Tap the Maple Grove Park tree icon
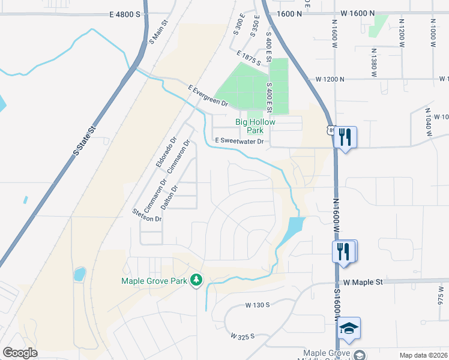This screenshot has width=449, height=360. [196, 280]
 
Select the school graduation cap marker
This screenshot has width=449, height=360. [349, 328]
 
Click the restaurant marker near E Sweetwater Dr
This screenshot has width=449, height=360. [345, 137]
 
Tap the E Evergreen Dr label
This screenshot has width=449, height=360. [208, 96]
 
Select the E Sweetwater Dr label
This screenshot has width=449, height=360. [240, 142]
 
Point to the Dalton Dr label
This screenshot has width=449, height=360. [175, 196]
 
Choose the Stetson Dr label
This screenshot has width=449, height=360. [148, 215]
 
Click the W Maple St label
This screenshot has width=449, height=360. [363, 281]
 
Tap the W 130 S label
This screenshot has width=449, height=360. [258, 305]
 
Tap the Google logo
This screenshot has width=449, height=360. [20, 353]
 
